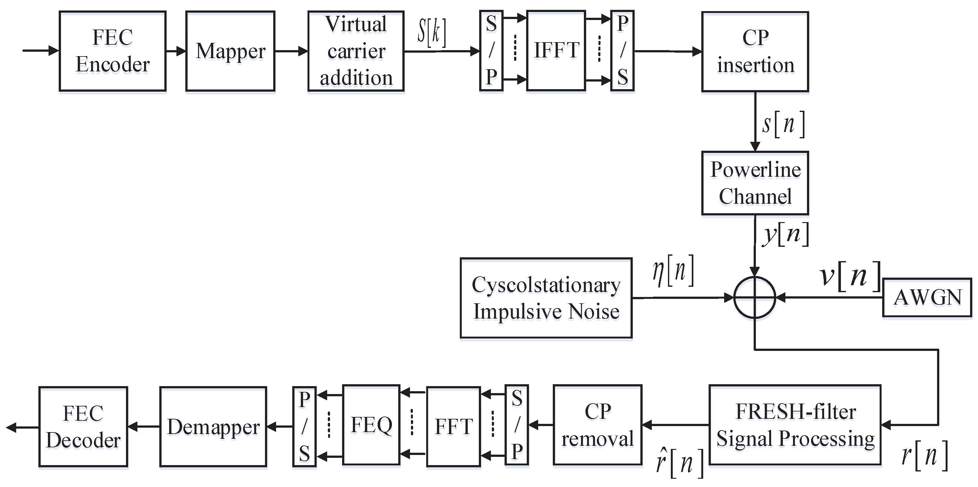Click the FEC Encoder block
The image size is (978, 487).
point(112,51)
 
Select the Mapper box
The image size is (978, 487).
point(230,51)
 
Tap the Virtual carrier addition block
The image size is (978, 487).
point(356,51)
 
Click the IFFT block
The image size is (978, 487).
point(556,50)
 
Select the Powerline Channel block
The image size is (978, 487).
point(755,183)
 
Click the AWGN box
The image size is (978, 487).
point(927,297)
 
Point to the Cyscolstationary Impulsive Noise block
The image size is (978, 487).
point(546,298)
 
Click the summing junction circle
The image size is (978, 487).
point(754,298)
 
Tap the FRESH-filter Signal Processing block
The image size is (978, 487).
point(795,425)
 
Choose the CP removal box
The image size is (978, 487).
point(598,425)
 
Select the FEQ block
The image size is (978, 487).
point(371,425)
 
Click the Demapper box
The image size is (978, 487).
point(213,427)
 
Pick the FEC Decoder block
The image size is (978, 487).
point(83,427)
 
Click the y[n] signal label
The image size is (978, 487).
point(785,234)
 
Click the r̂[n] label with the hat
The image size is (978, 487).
point(679,462)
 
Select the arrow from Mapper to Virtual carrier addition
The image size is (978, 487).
point(291,51)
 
